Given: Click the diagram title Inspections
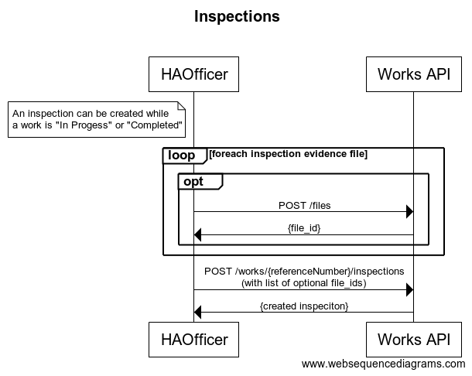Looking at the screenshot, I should point(237,16).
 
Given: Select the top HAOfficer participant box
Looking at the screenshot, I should point(193,74).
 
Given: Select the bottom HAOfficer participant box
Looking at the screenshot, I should point(193,338).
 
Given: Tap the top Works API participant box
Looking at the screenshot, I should point(413,74).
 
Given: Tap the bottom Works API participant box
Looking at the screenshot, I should point(413,338).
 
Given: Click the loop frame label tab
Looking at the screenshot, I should point(183,156).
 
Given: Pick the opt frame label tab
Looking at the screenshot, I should point(200,181).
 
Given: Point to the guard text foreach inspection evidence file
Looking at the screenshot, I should point(288,154).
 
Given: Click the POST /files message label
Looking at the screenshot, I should point(303,206).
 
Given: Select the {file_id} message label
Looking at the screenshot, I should point(303,228).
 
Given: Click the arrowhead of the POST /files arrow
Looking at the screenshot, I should point(409,212).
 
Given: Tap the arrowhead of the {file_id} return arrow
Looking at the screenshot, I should point(198,235).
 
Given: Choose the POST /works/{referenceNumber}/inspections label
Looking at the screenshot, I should point(303,272).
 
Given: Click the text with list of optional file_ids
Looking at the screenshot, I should point(303,283).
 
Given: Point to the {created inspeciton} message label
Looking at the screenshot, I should point(303,306).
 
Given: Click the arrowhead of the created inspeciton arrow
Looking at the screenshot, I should point(198,313).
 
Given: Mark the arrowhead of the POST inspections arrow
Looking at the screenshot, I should point(409,289).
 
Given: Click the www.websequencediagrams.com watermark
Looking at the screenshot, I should point(383,364).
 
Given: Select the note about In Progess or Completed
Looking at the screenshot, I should point(97,119).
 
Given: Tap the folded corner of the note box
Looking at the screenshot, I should point(183,105).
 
